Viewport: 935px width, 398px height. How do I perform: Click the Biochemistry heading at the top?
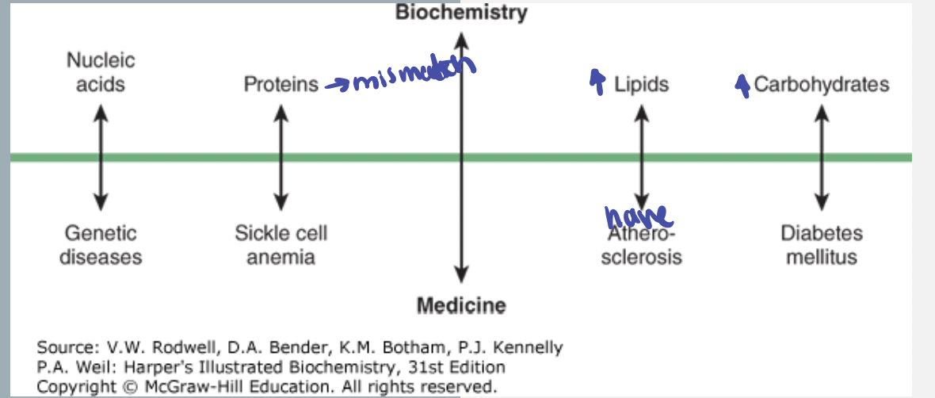point(461,12)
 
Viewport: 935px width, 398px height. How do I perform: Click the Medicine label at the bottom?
point(461,304)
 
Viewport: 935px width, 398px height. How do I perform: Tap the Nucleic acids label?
point(101,71)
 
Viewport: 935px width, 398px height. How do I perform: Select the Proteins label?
point(281,84)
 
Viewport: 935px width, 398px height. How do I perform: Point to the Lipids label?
point(641,84)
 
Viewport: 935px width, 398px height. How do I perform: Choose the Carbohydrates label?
point(821,84)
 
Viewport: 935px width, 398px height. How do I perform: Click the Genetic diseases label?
point(101,245)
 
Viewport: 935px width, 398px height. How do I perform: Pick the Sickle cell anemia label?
point(280,245)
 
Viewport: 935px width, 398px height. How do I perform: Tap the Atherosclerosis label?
point(641,246)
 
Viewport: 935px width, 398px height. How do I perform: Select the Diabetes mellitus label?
point(821,245)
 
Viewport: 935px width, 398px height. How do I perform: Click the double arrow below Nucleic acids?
point(100,158)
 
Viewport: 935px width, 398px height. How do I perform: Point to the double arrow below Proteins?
point(280,158)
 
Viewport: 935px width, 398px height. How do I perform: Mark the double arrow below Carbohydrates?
point(822,158)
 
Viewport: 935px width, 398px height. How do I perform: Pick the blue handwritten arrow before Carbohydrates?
point(742,83)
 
